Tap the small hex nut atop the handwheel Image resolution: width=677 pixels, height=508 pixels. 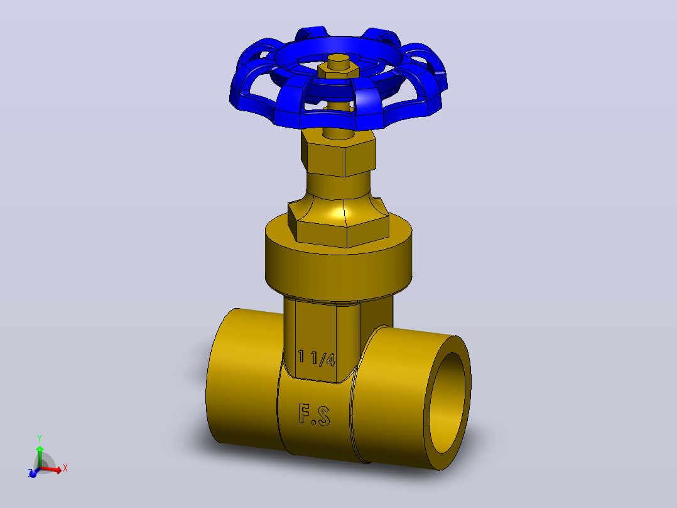point(338,71)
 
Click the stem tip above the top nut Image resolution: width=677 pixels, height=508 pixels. point(338,60)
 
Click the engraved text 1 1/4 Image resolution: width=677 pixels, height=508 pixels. point(317,358)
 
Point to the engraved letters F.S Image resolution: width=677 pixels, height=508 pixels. point(314,414)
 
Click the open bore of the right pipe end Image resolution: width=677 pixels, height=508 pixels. point(447,402)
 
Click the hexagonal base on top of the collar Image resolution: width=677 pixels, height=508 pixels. point(338,229)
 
